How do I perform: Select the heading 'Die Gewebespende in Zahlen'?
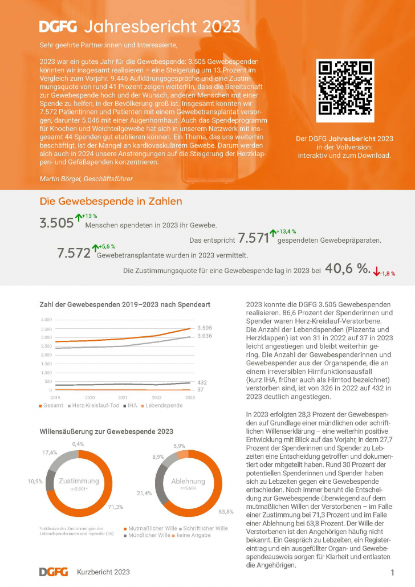point(111,201)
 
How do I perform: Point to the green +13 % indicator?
point(87,216)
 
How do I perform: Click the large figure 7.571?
point(253,238)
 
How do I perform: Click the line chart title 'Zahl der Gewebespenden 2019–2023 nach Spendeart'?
point(124,305)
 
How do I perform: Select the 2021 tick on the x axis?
point(123,397)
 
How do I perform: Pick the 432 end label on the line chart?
point(202,382)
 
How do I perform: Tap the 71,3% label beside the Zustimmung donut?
point(116,507)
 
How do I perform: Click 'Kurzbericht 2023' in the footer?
point(103,572)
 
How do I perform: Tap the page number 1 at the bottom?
point(393,572)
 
